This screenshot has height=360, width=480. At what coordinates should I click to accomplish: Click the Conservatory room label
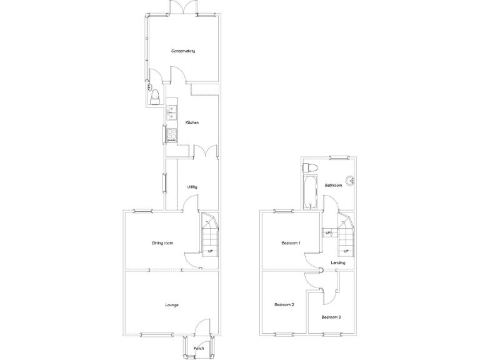(183, 51)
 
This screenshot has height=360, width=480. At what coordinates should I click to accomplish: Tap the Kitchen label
(192, 122)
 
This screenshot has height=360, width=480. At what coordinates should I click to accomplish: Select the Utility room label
(192, 187)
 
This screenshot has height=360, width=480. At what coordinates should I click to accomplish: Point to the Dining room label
(162, 242)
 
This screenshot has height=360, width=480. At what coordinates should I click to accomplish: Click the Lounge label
(172, 305)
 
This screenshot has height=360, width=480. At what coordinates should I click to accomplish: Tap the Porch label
(199, 348)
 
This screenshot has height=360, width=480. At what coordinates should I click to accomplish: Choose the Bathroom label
(333, 185)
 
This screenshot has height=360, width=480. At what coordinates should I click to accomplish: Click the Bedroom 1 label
(291, 242)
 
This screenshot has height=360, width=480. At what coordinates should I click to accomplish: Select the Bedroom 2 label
(284, 305)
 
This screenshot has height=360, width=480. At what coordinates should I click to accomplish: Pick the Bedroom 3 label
(331, 317)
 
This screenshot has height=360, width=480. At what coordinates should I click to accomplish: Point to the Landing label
(338, 262)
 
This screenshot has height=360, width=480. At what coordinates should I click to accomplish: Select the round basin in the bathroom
(351, 181)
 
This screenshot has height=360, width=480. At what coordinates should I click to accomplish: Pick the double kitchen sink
(172, 113)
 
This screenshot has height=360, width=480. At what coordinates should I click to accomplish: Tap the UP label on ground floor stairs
(210, 251)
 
